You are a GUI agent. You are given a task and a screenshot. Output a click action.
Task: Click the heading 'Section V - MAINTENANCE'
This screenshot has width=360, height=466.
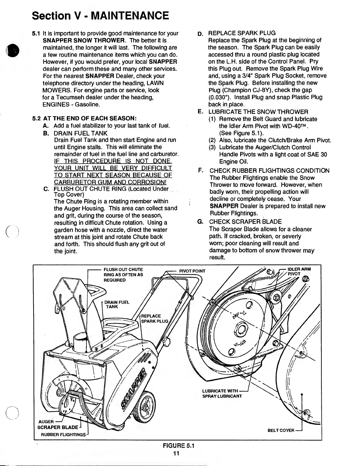coord(100,15)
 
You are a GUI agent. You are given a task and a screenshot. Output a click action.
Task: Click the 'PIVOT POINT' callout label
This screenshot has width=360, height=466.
coord(192,271)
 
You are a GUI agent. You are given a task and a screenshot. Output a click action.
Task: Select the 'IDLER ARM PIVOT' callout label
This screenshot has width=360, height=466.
coord(299,271)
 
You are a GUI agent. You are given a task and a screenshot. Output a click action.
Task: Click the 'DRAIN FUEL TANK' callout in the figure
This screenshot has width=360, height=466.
coord(117,304)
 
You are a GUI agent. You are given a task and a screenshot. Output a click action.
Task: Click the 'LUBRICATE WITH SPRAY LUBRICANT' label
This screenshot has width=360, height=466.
coord(222,393)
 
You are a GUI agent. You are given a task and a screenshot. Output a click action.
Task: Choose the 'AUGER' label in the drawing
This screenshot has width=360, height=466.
coord(46,421)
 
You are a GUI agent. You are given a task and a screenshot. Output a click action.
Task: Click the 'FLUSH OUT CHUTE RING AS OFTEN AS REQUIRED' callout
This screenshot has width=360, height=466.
coord(123,274)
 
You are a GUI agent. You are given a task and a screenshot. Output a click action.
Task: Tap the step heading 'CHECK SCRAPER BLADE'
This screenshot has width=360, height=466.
coord(245,222)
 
